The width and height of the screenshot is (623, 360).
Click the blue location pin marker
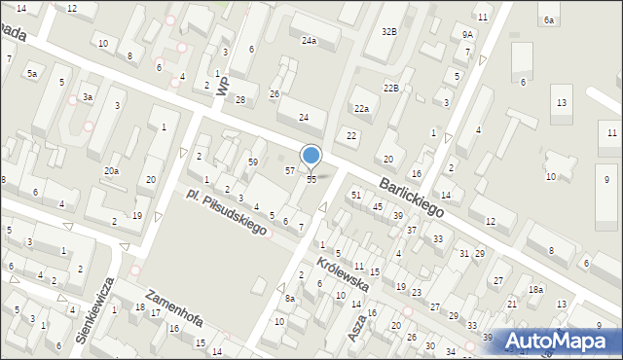311,156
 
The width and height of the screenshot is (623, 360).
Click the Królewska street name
341,274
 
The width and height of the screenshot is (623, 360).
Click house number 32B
389,31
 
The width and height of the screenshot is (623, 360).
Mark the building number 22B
390,89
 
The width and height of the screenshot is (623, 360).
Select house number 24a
309,41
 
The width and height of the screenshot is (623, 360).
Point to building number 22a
361,109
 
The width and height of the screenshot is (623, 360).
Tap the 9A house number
468,34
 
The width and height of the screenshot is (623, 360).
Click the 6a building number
549,20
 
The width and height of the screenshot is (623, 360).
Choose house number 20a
112,171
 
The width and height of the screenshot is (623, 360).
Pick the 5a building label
32,74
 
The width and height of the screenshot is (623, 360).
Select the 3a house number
88,97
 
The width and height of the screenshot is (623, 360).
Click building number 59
252,162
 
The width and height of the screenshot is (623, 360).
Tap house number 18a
535,290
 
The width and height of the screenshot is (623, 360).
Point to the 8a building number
290,299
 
